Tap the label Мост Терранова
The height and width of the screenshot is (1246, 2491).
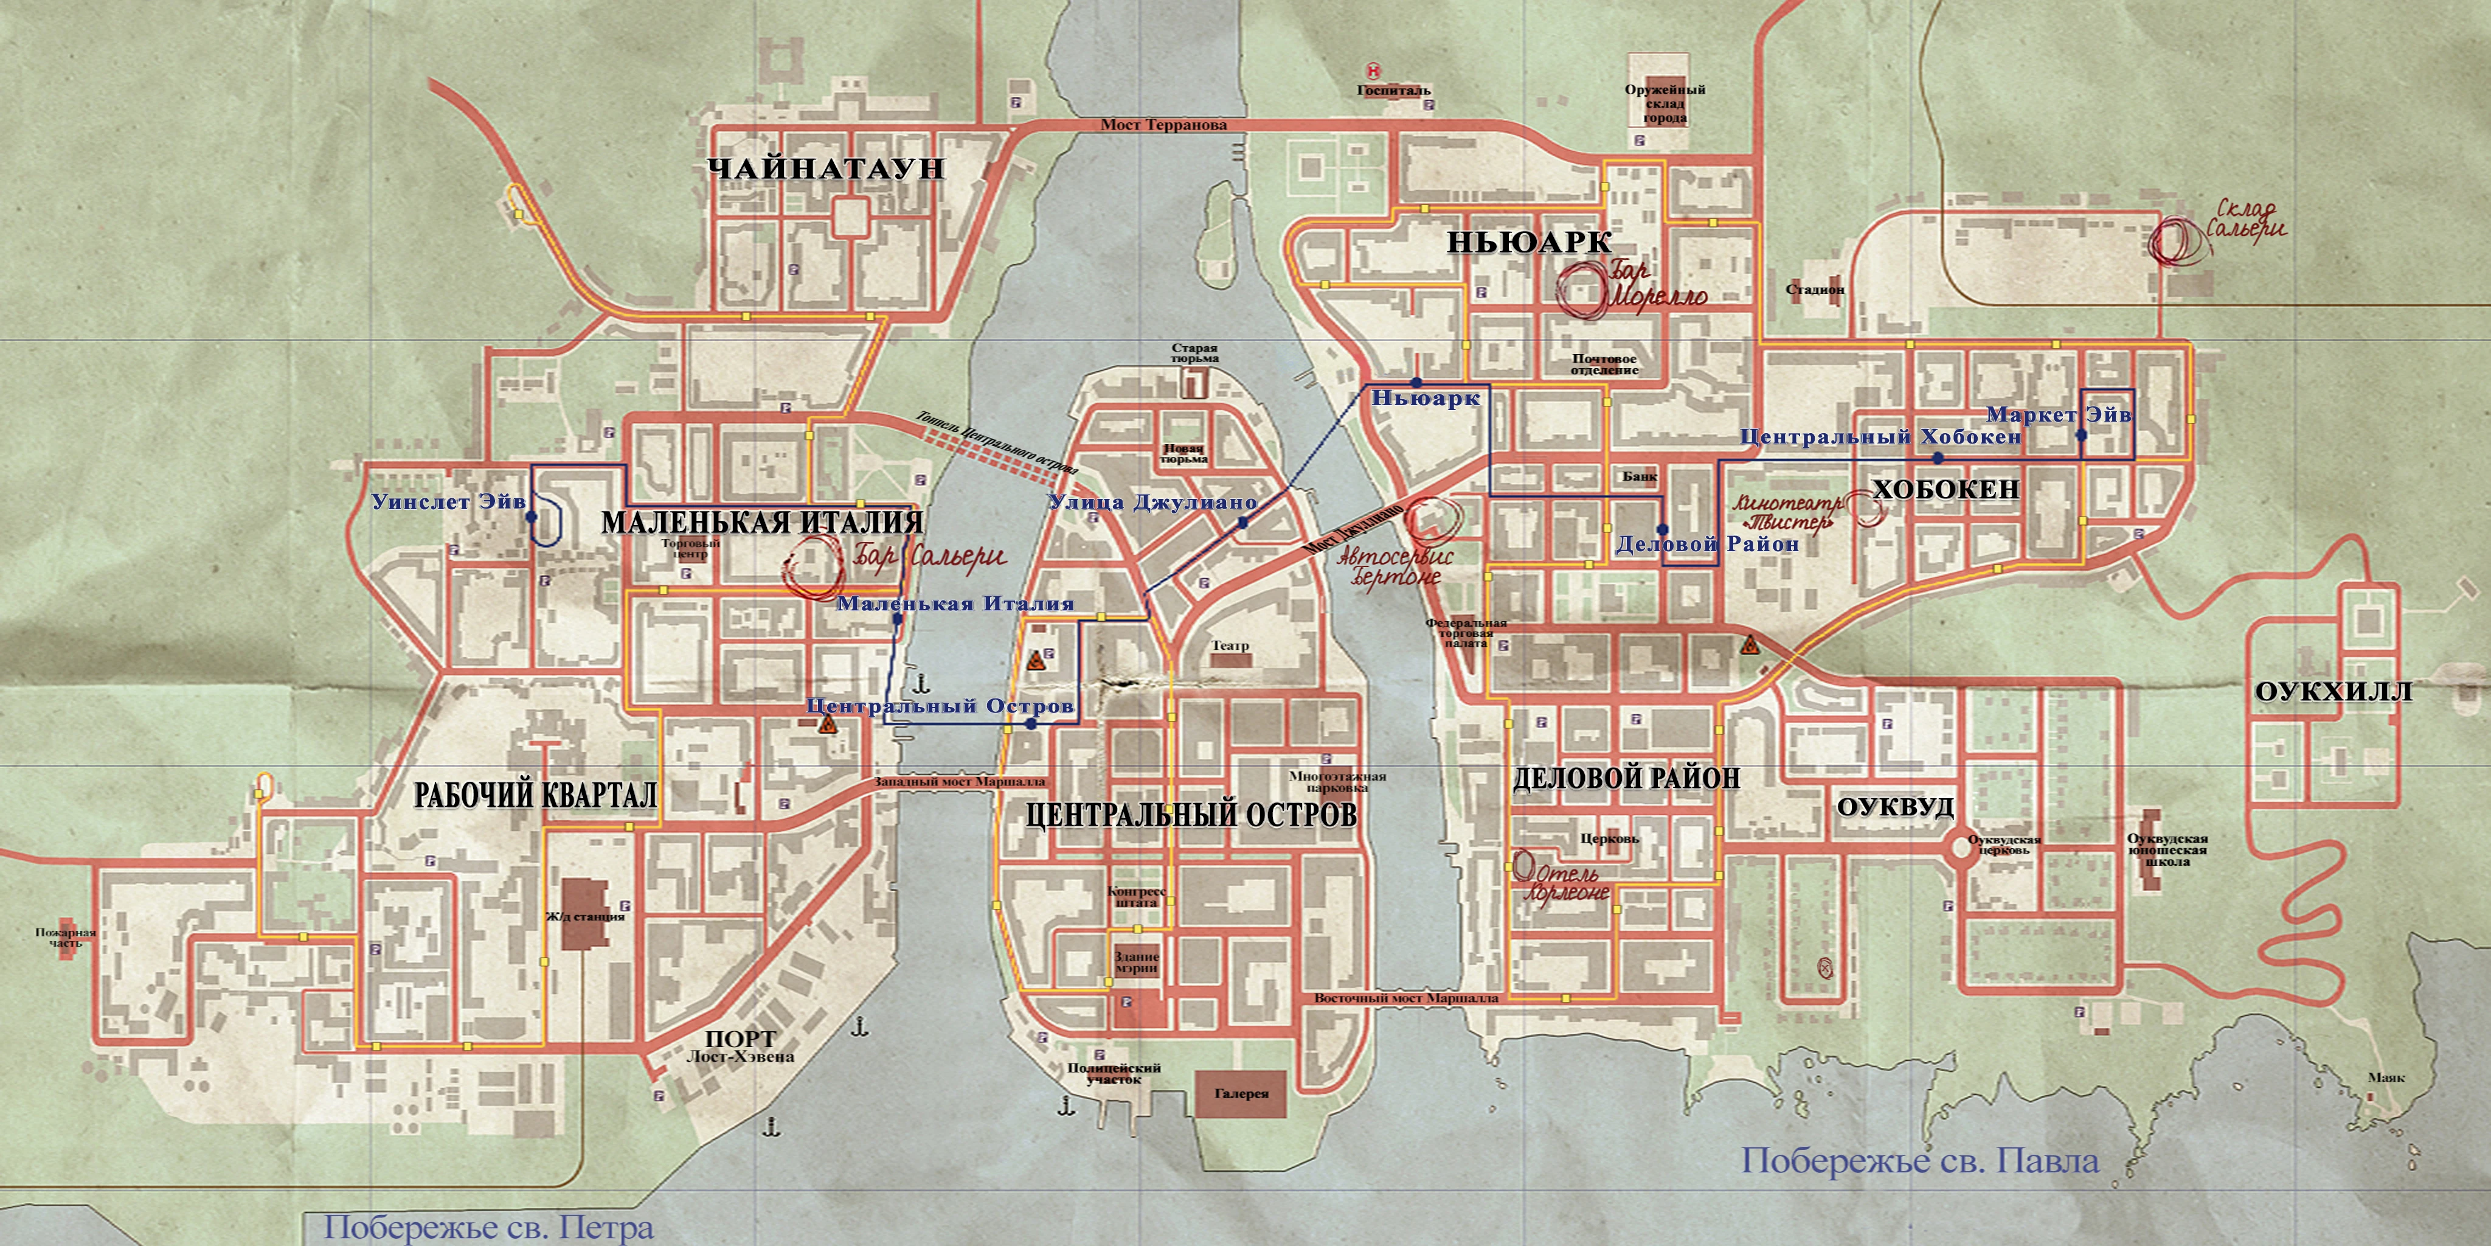click(x=1163, y=125)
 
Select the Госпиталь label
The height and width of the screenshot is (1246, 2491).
click(x=1393, y=90)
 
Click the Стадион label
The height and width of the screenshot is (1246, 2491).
click(x=1815, y=289)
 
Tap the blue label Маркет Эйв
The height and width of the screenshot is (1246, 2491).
click(x=2058, y=415)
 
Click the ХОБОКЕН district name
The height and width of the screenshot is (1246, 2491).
click(x=1945, y=490)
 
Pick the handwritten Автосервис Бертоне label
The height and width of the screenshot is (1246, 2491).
click(x=1395, y=567)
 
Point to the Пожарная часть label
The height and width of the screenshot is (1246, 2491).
click(x=66, y=938)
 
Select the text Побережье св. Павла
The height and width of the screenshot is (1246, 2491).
click(x=1919, y=1161)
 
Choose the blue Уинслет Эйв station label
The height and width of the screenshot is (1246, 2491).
click(x=448, y=502)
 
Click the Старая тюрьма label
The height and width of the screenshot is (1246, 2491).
click(x=1194, y=353)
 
